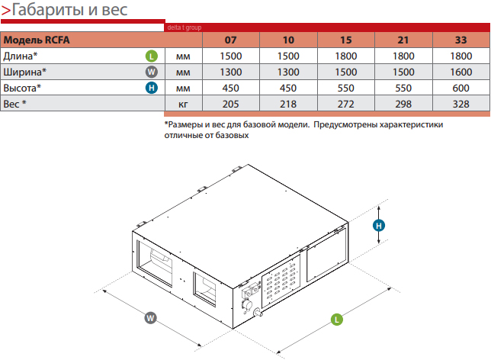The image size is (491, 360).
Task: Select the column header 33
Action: pyautogui.click(x=461, y=40)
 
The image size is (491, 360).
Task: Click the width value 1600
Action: pyautogui.click(x=461, y=72)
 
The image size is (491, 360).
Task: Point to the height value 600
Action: pyautogui.click(x=461, y=88)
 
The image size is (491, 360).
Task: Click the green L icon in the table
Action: pyautogui.click(x=151, y=56)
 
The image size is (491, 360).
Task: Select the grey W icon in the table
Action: pyautogui.click(x=151, y=72)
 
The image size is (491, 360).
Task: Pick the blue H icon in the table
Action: pyautogui.click(x=151, y=88)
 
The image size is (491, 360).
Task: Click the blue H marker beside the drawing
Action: pyautogui.click(x=378, y=225)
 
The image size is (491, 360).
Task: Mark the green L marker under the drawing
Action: pyautogui.click(x=337, y=320)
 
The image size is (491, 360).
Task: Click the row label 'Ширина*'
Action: pyautogui.click(x=24, y=72)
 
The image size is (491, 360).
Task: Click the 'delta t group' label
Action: pyautogui.click(x=182, y=27)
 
